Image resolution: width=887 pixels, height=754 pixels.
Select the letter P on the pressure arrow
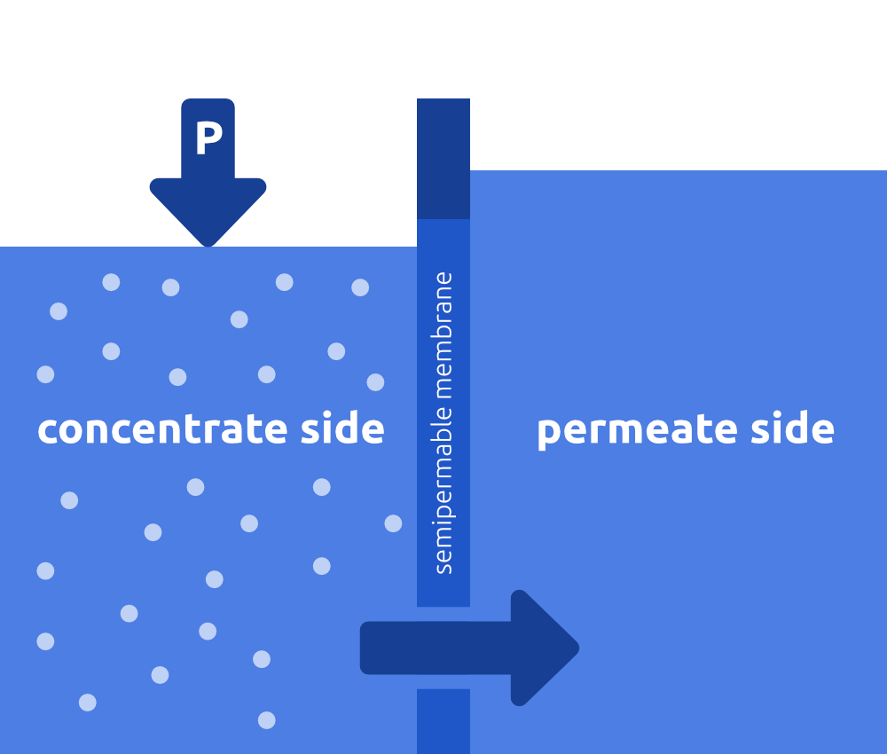click(208, 138)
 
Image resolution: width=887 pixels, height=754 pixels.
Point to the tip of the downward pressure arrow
click(208, 243)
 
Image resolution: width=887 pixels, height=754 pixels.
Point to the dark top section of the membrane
click(443, 159)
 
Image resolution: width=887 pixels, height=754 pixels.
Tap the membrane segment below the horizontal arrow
click(443, 720)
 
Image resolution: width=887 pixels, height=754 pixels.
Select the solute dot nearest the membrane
click(393, 523)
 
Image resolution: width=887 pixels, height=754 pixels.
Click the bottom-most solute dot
click(266, 719)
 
